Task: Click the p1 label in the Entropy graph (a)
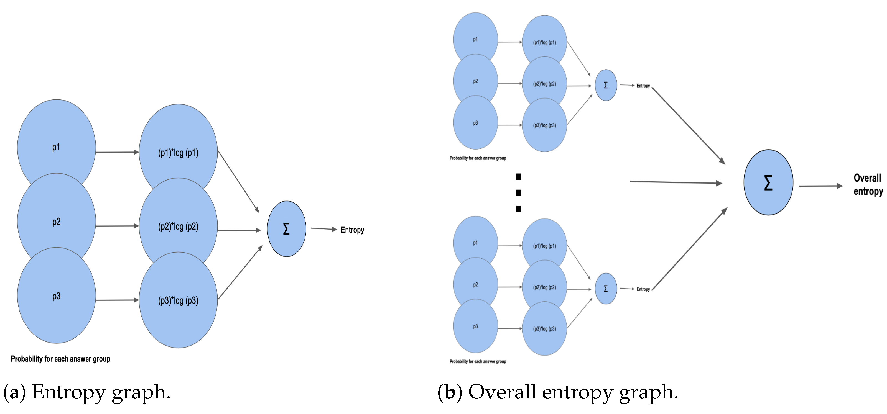pyautogui.click(x=56, y=147)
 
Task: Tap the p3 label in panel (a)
pyautogui.click(x=56, y=296)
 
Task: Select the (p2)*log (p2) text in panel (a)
pyautogui.click(x=178, y=227)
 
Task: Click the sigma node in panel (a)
pyautogui.click(x=287, y=229)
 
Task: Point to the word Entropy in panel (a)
pyautogui.click(x=352, y=230)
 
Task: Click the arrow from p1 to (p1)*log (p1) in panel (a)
pyautogui.click(x=117, y=152)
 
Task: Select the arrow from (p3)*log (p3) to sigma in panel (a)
pyautogui.click(x=240, y=272)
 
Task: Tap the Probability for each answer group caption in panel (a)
pyautogui.click(x=61, y=359)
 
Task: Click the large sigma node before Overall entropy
pyautogui.click(x=768, y=182)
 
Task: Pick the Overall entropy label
pyautogui.click(x=868, y=184)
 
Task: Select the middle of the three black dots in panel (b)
pyautogui.click(x=519, y=193)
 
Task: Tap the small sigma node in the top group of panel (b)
pyautogui.click(x=606, y=85)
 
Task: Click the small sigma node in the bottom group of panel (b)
pyautogui.click(x=606, y=288)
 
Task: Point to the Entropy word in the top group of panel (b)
pyautogui.click(x=643, y=86)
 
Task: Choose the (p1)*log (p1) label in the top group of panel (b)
pyautogui.click(x=544, y=43)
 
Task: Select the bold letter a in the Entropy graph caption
pyautogui.click(x=14, y=393)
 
